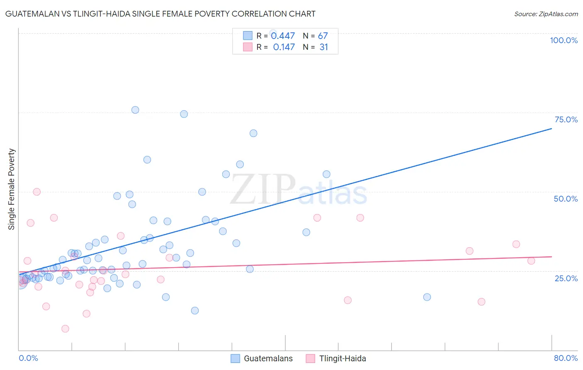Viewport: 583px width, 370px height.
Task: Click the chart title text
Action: coord(160,14)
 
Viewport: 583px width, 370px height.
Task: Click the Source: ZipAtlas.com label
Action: coord(546,14)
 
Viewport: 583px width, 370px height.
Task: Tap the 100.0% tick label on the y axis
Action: coord(564,40)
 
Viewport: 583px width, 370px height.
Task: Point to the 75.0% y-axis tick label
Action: coord(566,119)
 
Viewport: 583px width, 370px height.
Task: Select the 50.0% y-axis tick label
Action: coord(566,199)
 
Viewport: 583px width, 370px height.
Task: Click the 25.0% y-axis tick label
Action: coord(566,278)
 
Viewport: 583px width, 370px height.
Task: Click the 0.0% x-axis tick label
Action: coord(28,358)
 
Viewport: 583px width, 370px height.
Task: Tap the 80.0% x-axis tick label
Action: coord(566,358)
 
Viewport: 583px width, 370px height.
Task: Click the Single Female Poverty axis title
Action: coord(12,189)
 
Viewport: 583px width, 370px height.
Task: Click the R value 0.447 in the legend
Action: coord(283,36)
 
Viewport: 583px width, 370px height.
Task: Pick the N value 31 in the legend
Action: coord(324,47)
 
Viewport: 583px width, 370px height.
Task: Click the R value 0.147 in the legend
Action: coord(284,47)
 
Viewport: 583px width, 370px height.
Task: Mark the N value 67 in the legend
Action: coord(323,36)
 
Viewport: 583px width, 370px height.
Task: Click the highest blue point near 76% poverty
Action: coord(135,110)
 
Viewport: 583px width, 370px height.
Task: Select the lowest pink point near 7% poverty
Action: coord(65,329)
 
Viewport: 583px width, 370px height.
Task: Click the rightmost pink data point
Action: coord(531,261)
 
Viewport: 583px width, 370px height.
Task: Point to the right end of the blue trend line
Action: coord(551,129)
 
